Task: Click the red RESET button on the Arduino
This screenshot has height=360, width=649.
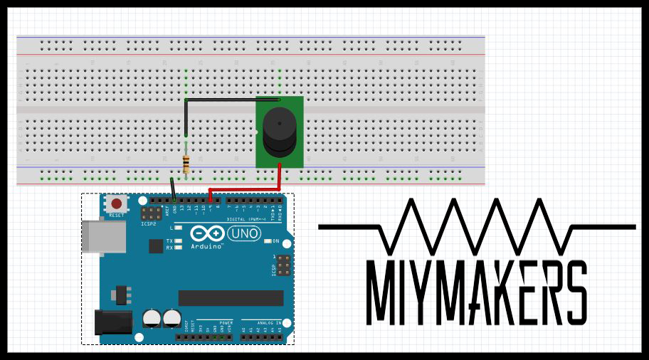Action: pyautogui.click(x=116, y=203)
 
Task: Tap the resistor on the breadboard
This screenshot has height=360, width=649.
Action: pyautogui.click(x=186, y=164)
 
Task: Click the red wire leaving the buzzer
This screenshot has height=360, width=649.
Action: pyautogui.click(x=280, y=178)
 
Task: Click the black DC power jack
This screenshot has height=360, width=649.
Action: pyautogui.click(x=113, y=322)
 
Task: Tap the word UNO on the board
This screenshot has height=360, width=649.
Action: pyautogui.click(x=247, y=233)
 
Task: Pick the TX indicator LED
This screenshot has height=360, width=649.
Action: pyautogui.click(x=178, y=241)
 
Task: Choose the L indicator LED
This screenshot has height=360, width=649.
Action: pyautogui.click(x=178, y=228)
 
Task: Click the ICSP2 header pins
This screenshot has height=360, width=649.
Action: pyautogui.click(x=151, y=213)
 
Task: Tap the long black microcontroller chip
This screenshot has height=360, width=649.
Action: pyautogui.click(x=231, y=298)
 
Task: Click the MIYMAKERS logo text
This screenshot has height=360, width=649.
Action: pyautogui.click(x=477, y=292)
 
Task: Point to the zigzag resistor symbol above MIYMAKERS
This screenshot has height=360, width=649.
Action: pyautogui.click(x=477, y=226)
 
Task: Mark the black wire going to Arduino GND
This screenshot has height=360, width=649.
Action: pyautogui.click(x=173, y=189)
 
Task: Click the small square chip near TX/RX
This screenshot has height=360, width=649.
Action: pyautogui.click(x=156, y=246)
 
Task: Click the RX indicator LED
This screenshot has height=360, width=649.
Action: pyautogui.click(x=178, y=248)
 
